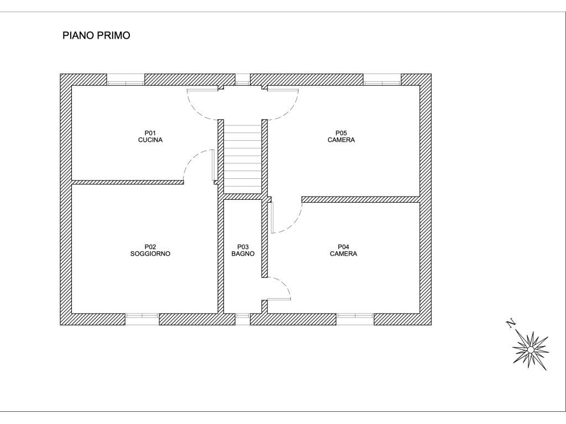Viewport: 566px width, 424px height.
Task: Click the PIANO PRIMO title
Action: (96, 35)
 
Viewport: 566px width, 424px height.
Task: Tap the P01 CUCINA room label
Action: (150, 137)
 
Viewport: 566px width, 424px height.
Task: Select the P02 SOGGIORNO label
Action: (150, 250)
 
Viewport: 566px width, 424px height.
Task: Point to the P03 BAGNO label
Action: (243, 250)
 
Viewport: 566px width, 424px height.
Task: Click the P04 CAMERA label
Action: (343, 250)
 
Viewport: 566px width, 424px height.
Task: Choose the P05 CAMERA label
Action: (341, 137)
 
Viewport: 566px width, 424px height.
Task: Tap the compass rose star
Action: (530, 349)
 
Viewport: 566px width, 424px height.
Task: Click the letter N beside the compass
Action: (511, 324)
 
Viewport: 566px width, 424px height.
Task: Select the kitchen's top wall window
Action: (125, 79)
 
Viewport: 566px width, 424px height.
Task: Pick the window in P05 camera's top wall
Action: (382, 79)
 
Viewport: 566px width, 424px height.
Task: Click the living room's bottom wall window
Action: (142, 319)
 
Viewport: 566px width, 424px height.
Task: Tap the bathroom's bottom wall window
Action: (243, 319)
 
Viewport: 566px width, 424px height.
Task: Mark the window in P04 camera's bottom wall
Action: (355, 319)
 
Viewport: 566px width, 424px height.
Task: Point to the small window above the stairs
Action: (243, 79)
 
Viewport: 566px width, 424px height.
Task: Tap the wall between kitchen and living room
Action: (128, 182)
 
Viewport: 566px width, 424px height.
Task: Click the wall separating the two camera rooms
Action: (361, 199)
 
